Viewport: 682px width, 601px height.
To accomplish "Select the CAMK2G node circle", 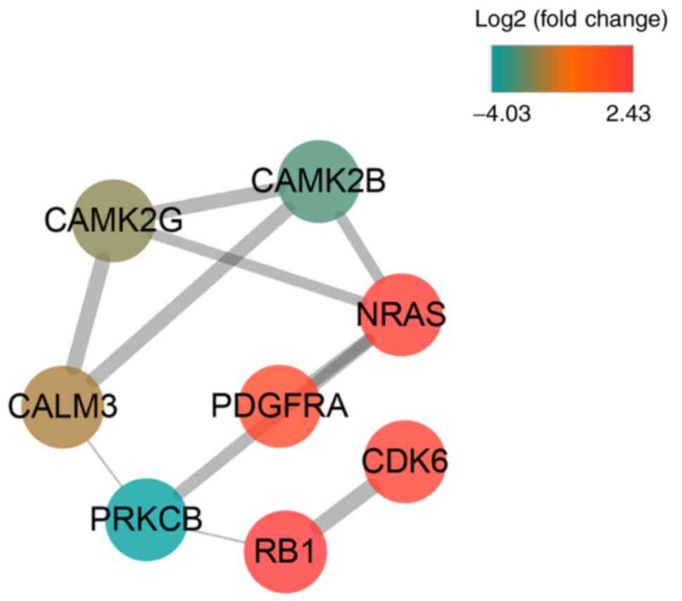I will point(113,220).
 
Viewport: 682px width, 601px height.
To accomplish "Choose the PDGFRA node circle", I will point(280,406).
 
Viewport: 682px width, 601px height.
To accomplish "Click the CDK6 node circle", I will point(406,462).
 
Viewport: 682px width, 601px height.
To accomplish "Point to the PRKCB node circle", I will point(146,519).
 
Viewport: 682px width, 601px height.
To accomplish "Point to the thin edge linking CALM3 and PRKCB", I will point(106,465).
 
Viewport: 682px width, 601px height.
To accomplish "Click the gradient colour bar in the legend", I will point(562,68).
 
